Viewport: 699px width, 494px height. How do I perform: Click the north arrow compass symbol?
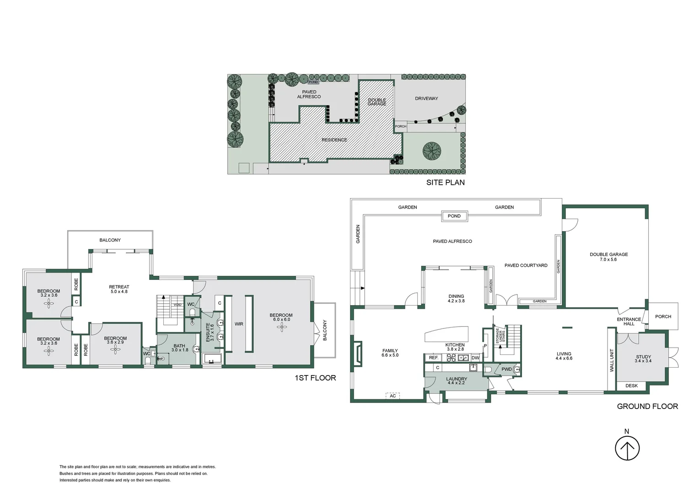[627, 448]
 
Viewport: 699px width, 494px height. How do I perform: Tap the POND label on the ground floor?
[454, 216]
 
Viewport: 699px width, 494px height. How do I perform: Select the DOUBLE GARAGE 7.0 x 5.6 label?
[608, 257]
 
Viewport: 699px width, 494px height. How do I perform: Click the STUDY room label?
[643, 359]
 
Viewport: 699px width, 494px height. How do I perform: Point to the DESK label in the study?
[631, 386]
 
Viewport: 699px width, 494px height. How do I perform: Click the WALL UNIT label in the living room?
[612, 360]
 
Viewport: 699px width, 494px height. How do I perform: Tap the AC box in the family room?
[393, 396]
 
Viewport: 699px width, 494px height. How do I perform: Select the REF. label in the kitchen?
[434, 358]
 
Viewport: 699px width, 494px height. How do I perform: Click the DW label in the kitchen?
[475, 358]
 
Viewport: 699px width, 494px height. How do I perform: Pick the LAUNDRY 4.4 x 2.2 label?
[456, 381]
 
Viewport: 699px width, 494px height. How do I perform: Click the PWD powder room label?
[506, 369]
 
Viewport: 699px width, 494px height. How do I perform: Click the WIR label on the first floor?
[239, 324]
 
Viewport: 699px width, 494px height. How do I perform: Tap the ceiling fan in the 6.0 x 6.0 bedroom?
[281, 328]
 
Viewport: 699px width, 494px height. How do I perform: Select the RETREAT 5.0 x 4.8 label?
[119, 289]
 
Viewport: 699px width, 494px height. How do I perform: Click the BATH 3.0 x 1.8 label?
[179, 348]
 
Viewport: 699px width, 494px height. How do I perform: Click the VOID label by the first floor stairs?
[177, 305]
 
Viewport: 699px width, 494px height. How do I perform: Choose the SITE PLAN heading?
[445, 183]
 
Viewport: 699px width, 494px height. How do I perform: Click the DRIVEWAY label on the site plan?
[426, 98]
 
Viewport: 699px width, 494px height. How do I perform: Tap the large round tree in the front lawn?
[432, 150]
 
